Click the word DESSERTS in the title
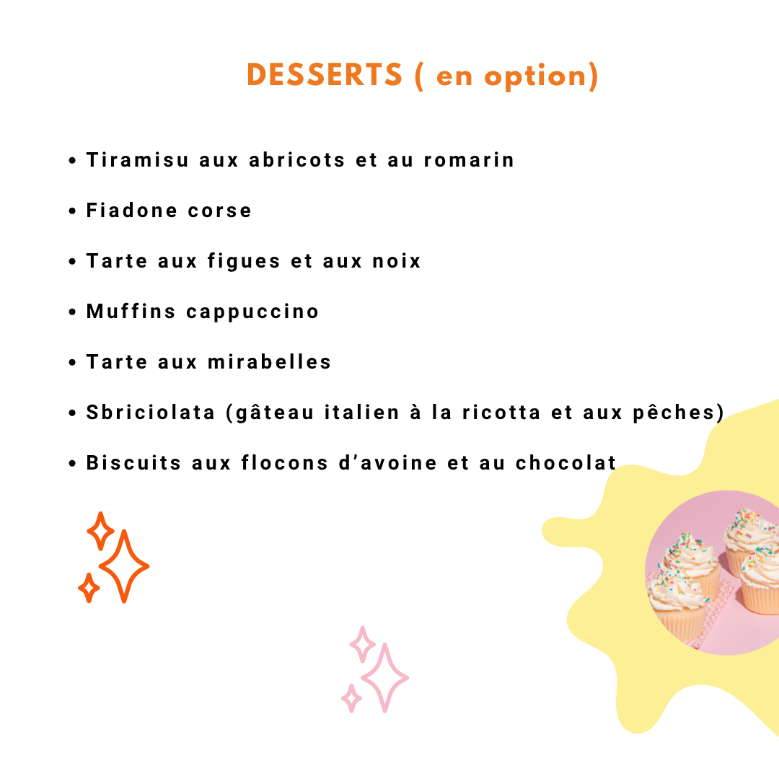point(325,75)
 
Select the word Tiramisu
point(138,160)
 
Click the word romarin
point(469,160)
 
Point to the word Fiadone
point(132,210)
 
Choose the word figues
point(244,261)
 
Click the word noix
point(397,261)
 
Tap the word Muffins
point(131,312)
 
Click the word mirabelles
point(269,361)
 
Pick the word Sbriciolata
point(151,413)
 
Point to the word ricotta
point(501,413)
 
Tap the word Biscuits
point(133,462)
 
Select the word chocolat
point(566,462)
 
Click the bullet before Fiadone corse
point(73,211)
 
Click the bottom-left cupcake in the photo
point(679,604)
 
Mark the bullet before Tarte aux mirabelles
point(73,362)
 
